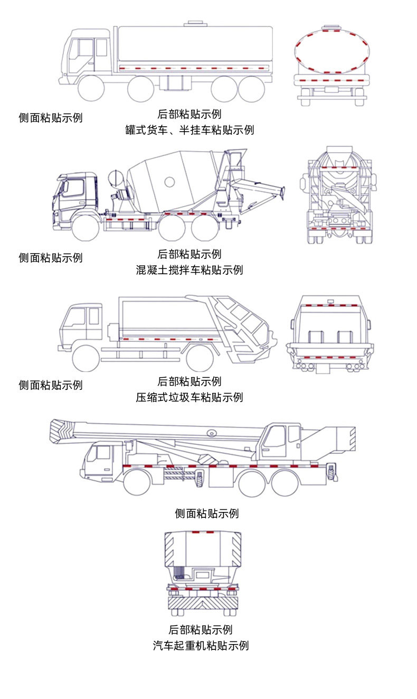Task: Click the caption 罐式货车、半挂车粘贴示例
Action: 189,130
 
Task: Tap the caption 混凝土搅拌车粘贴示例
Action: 189,270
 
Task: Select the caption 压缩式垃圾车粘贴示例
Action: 189,397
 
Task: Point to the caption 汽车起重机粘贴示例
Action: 201,645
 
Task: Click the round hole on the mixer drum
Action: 169,182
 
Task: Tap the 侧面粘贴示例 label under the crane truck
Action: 206,513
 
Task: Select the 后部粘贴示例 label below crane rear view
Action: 201,629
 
